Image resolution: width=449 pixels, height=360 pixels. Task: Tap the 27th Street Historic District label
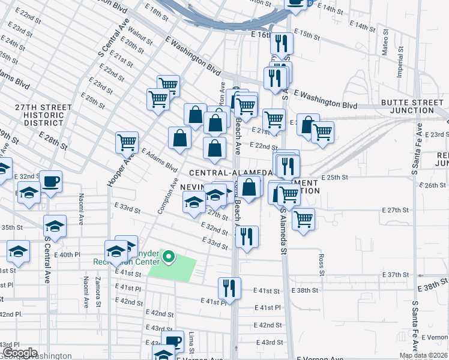click(44, 115)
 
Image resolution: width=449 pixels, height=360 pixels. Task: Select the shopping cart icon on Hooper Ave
click(127, 142)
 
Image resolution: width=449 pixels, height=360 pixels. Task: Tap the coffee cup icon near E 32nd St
click(50, 181)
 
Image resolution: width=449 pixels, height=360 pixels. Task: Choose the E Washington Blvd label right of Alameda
click(328, 100)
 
